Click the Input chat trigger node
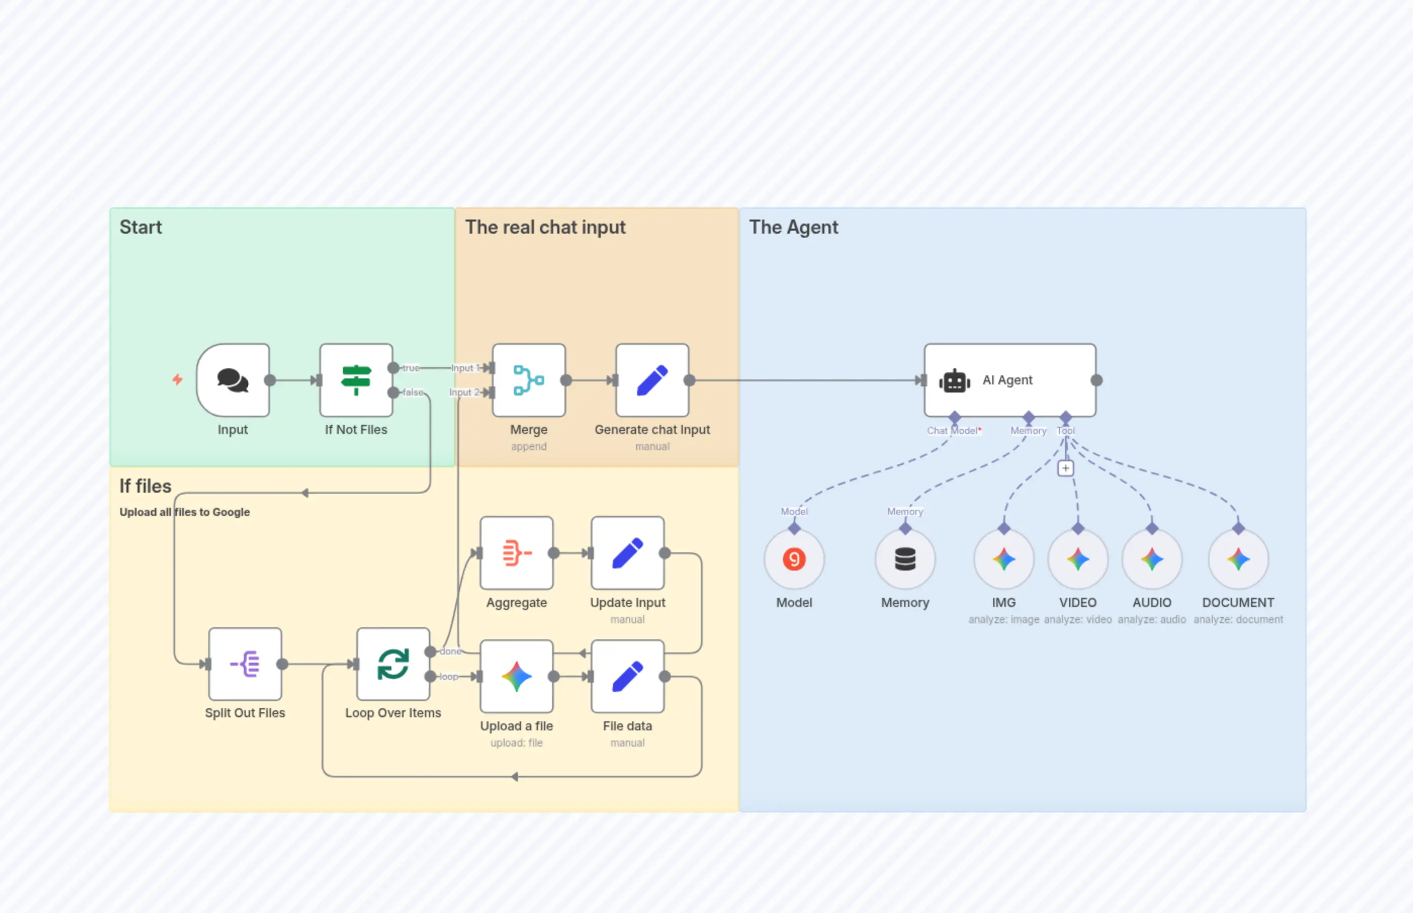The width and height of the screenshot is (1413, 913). tap(233, 380)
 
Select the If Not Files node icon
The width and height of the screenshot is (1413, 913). tap(356, 380)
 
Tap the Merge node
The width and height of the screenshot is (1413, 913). tap(528, 380)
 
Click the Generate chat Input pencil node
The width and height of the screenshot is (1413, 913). tap(652, 380)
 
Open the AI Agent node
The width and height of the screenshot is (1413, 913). tap(1009, 380)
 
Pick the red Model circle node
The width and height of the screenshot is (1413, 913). tap(793, 559)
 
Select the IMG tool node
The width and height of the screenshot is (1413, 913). tap(1003, 559)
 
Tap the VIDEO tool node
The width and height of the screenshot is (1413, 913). tap(1078, 559)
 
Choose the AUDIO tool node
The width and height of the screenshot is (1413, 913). tap(1152, 559)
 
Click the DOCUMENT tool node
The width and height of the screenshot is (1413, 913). tap(1238, 559)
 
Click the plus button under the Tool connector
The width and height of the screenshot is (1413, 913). tap(1065, 468)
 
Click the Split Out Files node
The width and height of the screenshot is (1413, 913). tap(245, 664)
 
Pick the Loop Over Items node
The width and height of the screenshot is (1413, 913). tap(393, 664)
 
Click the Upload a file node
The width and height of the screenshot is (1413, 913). tap(516, 676)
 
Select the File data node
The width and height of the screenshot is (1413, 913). tap(627, 676)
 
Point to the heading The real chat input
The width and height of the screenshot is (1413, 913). tap(545, 227)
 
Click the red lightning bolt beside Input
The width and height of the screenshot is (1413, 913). tap(177, 379)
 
